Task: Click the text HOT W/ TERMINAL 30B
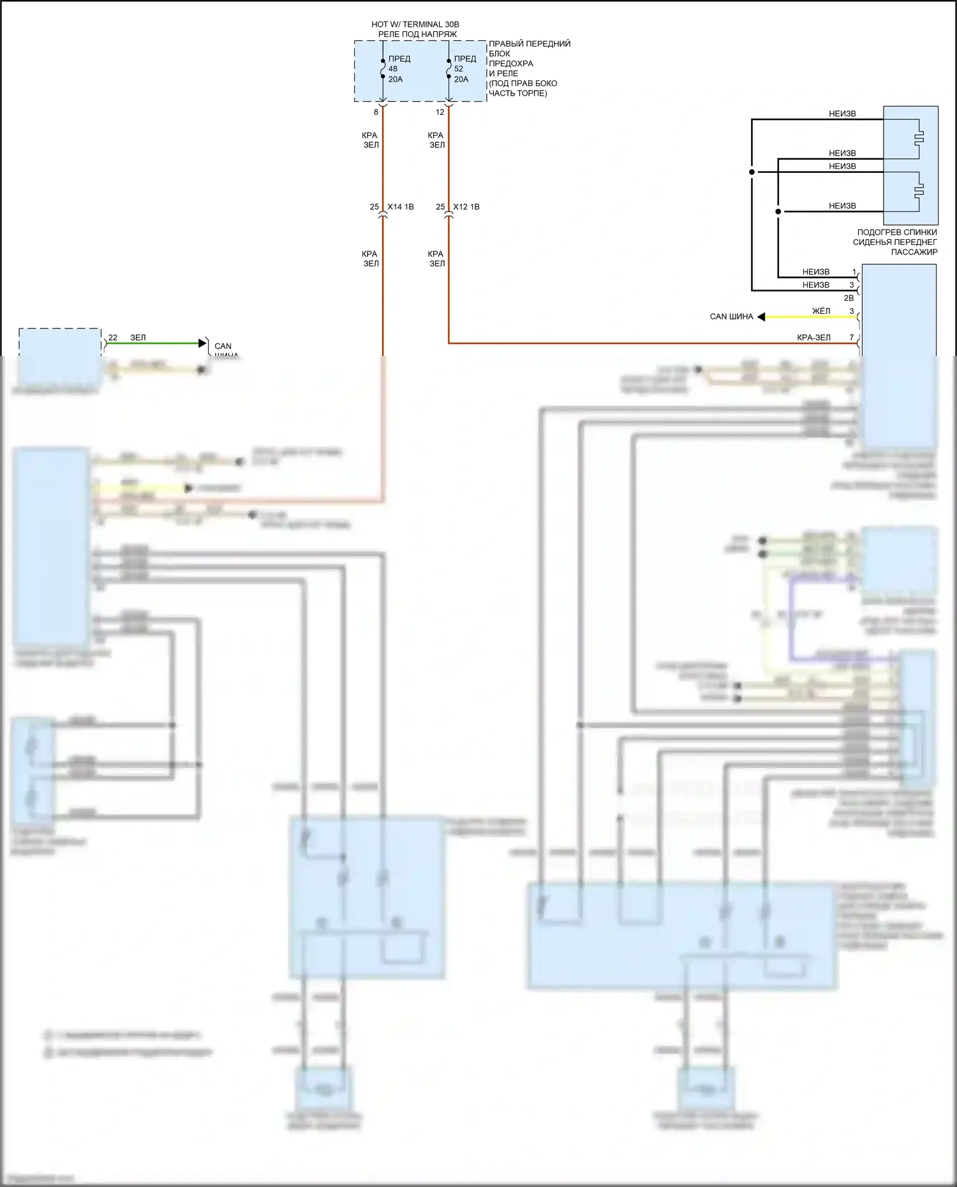click(x=415, y=24)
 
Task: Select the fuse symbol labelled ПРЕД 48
click(x=383, y=68)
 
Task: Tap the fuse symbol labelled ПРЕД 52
click(x=449, y=68)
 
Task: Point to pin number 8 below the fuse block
click(x=376, y=112)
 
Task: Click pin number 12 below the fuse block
click(x=440, y=112)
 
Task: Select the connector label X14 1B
click(x=401, y=207)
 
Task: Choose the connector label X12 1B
click(x=466, y=207)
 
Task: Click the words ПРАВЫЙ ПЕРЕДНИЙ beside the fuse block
click(x=530, y=44)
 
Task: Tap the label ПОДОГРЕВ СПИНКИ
click(x=897, y=232)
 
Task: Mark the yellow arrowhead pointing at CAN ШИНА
click(x=761, y=316)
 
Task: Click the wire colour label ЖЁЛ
click(x=821, y=311)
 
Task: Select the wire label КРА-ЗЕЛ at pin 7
click(x=813, y=337)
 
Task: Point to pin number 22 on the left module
click(x=113, y=337)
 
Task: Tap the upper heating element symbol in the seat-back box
click(x=918, y=138)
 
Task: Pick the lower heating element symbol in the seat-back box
click(x=918, y=190)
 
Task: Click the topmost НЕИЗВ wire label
click(x=842, y=114)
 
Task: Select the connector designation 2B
click(x=849, y=298)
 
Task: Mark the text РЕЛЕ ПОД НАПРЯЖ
click(x=417, y=34)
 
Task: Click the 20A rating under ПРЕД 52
click(x=461, y=79)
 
